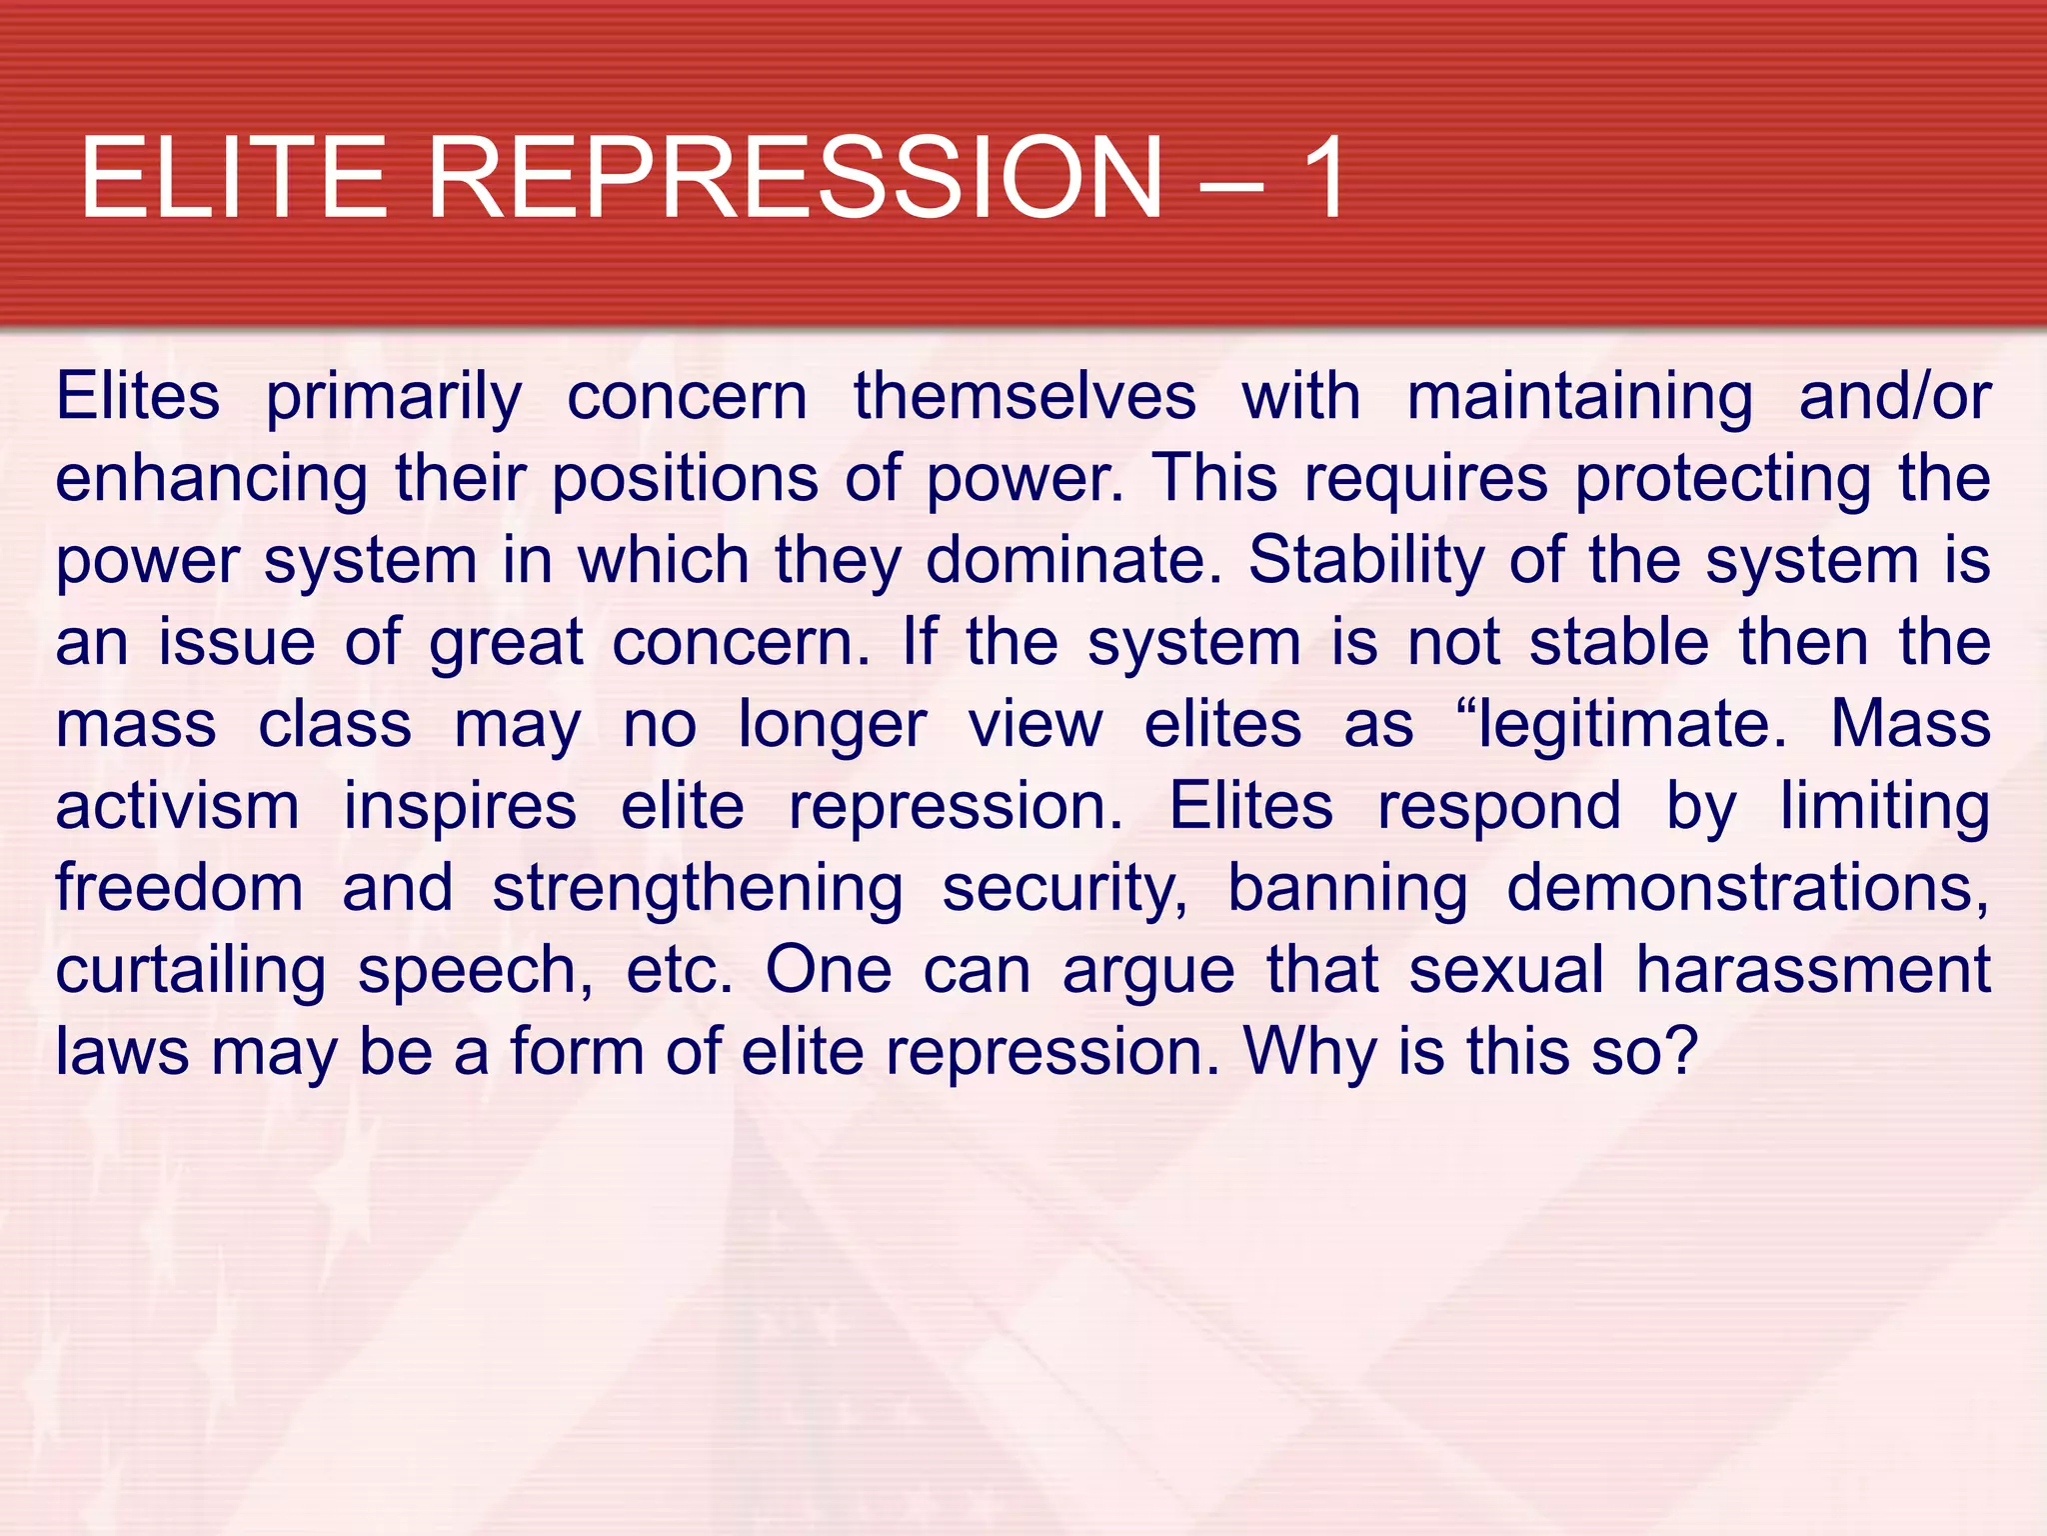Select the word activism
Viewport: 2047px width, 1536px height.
(x=177, y=806)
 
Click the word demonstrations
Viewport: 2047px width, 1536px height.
(x=1747, y=888)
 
